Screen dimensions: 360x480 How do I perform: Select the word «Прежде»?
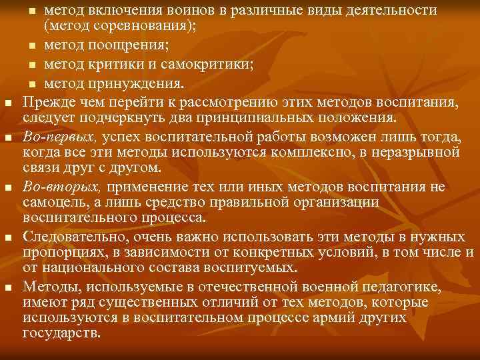click(x=46, y=102)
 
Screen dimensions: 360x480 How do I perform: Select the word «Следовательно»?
click(x=70, y=235)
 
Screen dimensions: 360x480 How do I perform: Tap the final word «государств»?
click(x=61, y=333)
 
